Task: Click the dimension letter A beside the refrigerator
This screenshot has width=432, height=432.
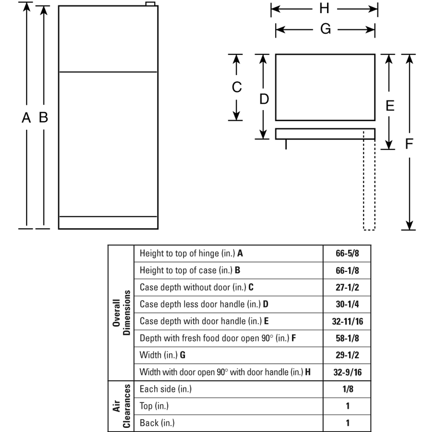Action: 26,118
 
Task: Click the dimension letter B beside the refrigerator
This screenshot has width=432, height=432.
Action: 44,117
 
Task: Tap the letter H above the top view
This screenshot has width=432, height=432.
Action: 324,8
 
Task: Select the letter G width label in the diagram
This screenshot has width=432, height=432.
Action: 325,29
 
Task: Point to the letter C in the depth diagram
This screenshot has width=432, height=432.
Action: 237,87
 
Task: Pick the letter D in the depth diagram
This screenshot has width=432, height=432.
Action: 264,99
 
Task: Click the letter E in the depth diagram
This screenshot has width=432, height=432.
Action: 390,106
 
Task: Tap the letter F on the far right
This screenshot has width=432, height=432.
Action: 409,144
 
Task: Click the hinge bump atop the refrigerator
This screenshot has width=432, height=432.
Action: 150,4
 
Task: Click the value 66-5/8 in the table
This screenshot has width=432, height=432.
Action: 347,253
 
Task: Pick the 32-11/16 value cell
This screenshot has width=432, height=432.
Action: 347,321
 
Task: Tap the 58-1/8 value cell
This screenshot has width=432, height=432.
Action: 347,338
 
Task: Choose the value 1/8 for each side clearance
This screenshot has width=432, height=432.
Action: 348,389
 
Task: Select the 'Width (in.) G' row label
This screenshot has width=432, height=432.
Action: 162,355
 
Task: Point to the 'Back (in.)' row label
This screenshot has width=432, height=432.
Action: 157,423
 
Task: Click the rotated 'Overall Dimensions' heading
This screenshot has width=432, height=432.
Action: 121,313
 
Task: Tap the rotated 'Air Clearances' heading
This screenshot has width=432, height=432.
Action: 121,406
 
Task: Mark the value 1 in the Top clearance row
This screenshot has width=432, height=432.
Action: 348,406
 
